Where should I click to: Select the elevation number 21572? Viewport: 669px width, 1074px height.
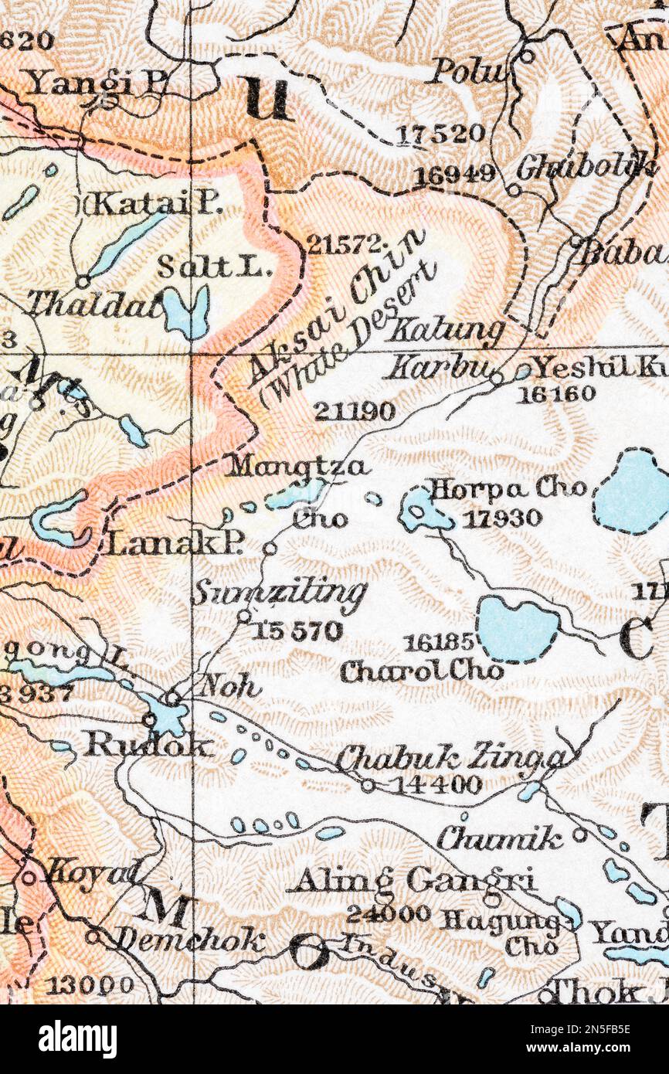point(345,245)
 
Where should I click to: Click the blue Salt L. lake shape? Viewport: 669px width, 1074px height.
point(187,311)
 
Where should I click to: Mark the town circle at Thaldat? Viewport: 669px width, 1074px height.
point(82,282)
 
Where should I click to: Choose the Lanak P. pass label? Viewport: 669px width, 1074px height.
point(175,544)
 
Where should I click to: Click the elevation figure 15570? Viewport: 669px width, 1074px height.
point(297,631)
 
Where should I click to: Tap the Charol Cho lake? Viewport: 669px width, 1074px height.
point(516,628)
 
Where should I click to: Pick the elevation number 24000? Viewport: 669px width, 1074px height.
point(388,914)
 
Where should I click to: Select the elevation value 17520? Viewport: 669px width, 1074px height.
point(440,134)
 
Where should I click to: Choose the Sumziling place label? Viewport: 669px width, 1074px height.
point(278,593)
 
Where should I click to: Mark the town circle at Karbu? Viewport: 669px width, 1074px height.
point(497,378)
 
